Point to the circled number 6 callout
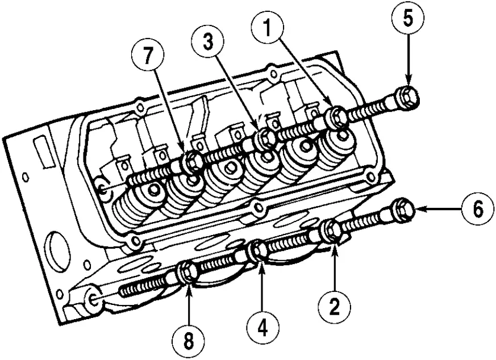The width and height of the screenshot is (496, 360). tap(477, 210)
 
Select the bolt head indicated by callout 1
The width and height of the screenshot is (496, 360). tap(337, 118)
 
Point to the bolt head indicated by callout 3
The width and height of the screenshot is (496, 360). tap(263, 139)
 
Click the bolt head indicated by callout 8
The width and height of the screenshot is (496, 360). tap(187, 272)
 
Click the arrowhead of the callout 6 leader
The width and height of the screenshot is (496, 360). tap(419, 210)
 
